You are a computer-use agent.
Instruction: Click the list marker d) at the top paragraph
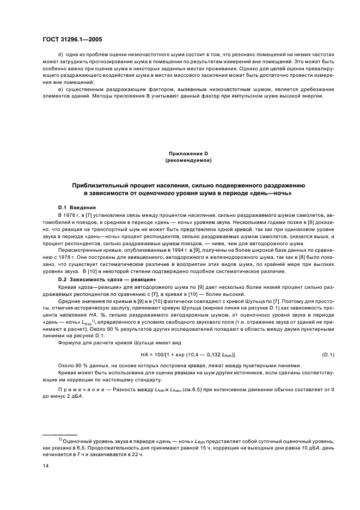coord(60,55)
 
